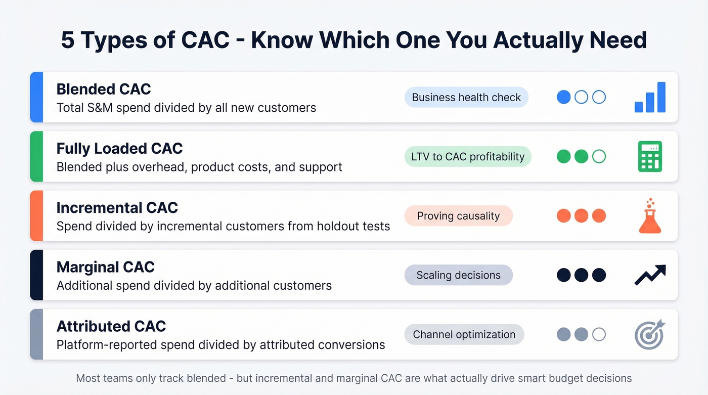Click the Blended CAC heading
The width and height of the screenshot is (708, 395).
coord(104,89)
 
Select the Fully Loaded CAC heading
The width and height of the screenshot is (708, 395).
coord(119,148)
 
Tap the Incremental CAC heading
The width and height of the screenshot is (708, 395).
coord(117,208)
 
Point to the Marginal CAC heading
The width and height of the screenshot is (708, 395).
coord(105,267)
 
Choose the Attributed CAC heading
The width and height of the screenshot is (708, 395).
coord(111,326)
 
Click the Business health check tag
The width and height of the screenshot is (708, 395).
coord(466,98)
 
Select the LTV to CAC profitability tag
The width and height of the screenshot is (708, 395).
coord(467,157)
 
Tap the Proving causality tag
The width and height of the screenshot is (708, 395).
coord(458,216)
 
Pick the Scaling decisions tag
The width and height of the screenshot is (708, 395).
coord(458,275)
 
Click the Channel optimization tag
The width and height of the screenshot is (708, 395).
coord(464,334)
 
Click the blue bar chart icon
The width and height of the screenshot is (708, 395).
coord(650,97)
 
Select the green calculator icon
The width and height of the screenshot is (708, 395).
coord(650,156)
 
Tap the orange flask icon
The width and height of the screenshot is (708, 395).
coord(650,216)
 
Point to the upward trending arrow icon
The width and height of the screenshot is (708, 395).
coord(650,275)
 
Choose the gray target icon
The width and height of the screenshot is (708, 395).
coord(650,334)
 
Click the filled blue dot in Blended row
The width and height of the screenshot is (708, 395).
coord(563,97)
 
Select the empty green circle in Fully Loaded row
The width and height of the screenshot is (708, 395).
coord(599,156)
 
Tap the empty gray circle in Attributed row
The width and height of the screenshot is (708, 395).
coord(599,334)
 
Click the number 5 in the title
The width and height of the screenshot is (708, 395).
coord(67,40)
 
